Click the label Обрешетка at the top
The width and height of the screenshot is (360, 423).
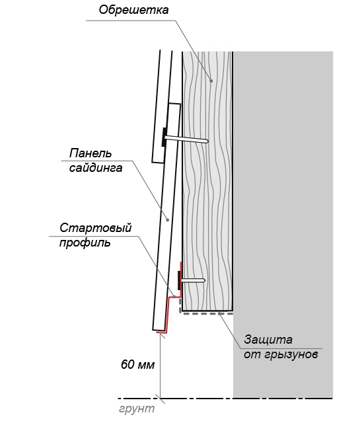click(x=133, y=10)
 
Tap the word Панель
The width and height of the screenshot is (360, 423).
click(x=90, y=153)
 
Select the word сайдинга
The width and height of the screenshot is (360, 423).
click(x=96, y=168)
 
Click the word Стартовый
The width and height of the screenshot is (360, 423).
click(x=96, y=228)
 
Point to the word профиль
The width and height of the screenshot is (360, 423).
click(x=85, y=243)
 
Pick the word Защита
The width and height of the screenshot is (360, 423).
click(x=268, y=340)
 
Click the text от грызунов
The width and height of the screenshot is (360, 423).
click(x=281, y=354)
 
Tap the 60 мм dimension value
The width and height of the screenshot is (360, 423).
click(x=138, y=365)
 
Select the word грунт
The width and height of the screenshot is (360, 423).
click(x=137, y=408)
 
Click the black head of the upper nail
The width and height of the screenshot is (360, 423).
click(x=164, y=137)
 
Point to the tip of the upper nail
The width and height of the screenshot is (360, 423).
click(x=208, y=141)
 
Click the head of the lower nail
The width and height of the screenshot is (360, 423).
click(x=179, y=280)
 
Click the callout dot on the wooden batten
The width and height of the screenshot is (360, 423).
click(x=211, y=81)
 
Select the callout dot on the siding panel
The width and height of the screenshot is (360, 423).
click(x=168, y=220)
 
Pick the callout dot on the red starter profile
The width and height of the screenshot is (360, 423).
click(x=174, y=297)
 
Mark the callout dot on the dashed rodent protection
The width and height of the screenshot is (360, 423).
click(x=220, y=313)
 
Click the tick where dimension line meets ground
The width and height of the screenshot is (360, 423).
click(x=160, y=398)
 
